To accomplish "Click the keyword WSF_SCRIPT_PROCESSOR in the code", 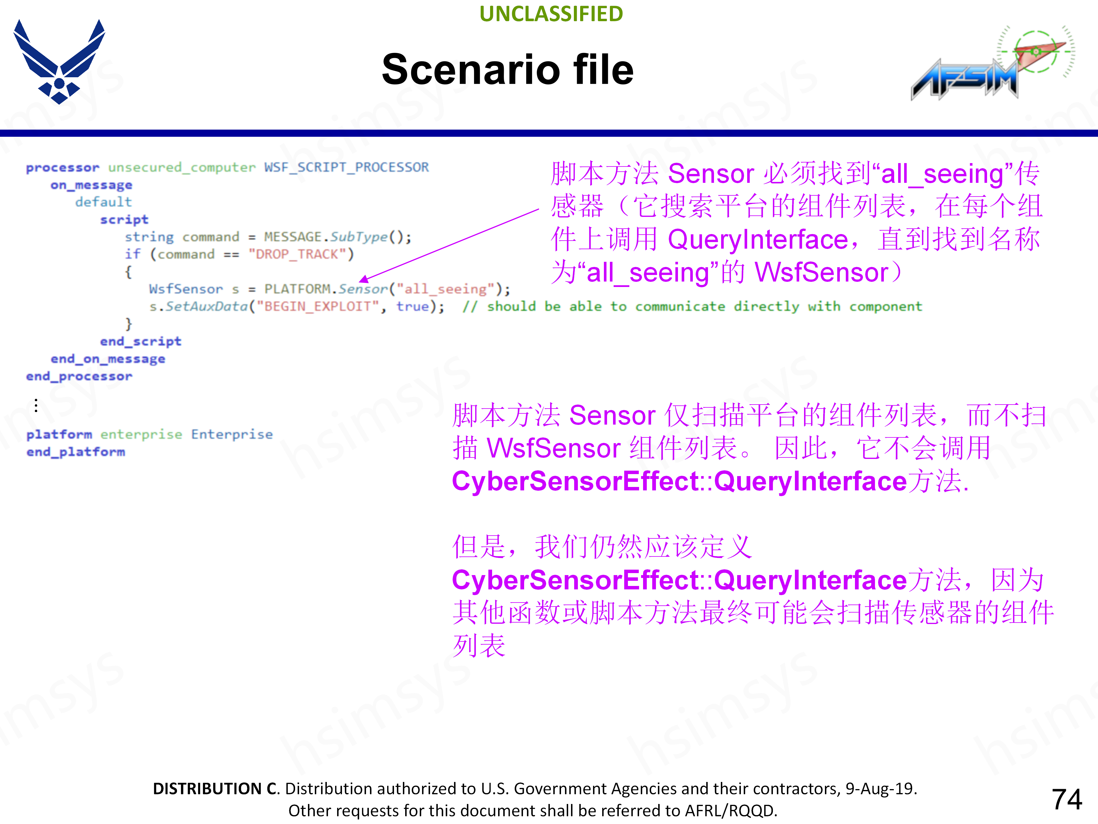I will (x=347, y=167).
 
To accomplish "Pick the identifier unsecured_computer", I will (x=182, y=167).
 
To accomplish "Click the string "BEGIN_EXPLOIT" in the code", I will (x=318, y=306).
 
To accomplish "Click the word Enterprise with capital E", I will (x=232, y=435).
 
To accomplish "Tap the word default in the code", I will (x=103, y=202).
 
